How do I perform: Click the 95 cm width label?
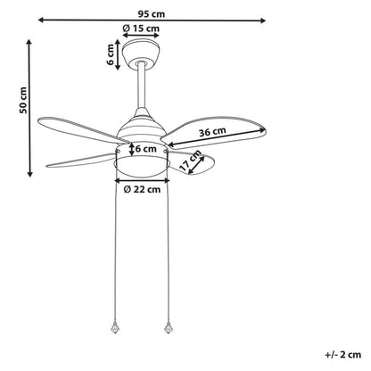click(x=152, y=14)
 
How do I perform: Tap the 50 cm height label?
click(x=23, y=100)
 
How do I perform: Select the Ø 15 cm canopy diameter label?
click(x=141, y=29)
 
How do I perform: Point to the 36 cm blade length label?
click(x=212, y=132)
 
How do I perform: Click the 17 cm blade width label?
click(x=191, y=161)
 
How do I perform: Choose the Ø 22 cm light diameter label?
click(x=142, y=189)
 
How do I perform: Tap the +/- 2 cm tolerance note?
click(x=343, y=354)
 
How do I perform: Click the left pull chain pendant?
click(x=115, y=327)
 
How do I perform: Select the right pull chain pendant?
click(x=168, y=327)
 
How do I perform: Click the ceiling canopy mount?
click(x=142, y=54)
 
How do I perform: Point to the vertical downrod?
click(x=142, y=86)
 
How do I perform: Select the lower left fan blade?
click(x=81, y=161)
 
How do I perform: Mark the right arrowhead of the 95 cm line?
click(x=263, y=21)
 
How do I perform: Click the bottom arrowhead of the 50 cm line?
click(x=29, y=174)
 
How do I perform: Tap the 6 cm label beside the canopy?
click(x=110, y=54)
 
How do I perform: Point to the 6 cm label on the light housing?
click(x=146, y=148)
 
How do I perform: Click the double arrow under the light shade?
click(x=142, y=180)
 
